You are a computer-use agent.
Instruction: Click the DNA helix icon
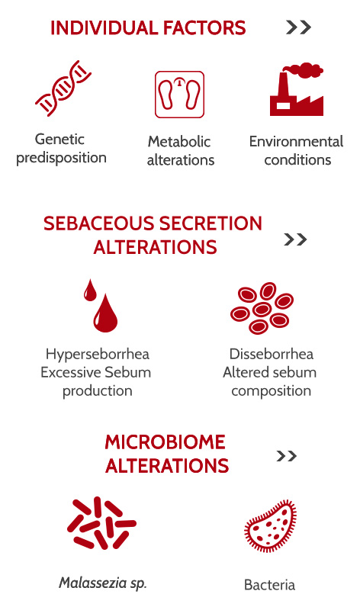coord(63,88)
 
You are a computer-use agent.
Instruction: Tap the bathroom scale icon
coord(179,94)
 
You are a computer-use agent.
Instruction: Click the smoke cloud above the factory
coord(303,69)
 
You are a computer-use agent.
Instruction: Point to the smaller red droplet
coord(90,290)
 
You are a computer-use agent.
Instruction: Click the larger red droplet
coord(105,313)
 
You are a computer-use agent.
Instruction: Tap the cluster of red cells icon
coord(262,308)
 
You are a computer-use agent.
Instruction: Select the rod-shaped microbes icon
coord(101,523)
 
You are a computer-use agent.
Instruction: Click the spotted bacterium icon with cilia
coord(270,525)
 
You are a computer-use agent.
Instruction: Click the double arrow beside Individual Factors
coord(298,27)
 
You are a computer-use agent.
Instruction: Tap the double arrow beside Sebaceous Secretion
coord(295,239)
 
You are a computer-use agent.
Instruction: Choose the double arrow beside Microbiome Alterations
coord(287,456)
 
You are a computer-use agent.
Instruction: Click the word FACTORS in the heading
coord(204,28)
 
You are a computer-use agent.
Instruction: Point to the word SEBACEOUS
coord(98,223)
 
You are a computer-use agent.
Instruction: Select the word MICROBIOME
coord(165,442)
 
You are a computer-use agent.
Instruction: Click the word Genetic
coord(59,139)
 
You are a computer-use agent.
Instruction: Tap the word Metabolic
coord(178,141)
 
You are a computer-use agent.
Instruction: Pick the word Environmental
coord(296,141)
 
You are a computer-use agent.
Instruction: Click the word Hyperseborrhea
coord(97,355)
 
